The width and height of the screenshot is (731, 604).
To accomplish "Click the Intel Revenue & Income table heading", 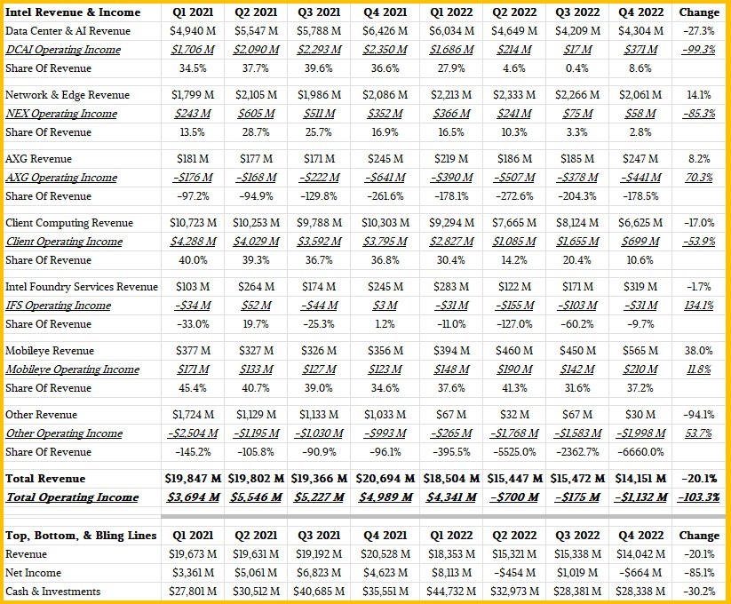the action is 73,12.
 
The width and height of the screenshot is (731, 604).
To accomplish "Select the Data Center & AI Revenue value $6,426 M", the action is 385,31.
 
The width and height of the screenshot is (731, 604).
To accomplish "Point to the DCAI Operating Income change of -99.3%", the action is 698,50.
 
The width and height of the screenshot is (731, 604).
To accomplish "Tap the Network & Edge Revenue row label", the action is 68,95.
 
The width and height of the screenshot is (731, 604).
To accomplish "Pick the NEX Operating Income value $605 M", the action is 256,114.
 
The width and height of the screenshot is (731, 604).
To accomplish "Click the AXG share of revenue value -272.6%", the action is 514,196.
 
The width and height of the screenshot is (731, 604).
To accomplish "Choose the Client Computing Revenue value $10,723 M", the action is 193,223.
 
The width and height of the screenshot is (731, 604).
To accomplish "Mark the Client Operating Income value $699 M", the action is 640,242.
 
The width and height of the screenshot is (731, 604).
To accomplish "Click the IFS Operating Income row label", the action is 59,306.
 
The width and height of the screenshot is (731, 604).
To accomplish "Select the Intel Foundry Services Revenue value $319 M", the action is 640,287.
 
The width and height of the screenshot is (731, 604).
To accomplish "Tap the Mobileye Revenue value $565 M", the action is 640,351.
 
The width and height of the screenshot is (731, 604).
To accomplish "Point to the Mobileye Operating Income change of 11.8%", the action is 698,370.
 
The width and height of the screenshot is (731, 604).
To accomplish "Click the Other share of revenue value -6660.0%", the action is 640,452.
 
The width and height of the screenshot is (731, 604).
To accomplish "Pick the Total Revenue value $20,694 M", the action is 385,479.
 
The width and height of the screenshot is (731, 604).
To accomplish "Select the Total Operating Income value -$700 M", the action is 514,497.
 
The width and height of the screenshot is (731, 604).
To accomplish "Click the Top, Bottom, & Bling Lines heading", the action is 81,536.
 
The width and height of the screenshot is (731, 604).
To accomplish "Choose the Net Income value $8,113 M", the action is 451,573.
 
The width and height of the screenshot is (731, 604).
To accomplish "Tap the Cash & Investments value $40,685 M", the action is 319,592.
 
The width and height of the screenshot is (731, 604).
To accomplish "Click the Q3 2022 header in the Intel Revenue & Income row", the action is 577,12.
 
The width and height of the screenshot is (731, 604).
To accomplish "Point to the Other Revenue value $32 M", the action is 514,415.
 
